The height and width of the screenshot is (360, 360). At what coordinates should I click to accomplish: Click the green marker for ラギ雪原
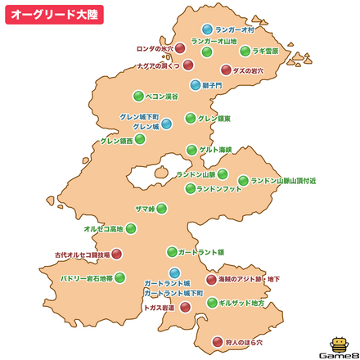tap(245, 51)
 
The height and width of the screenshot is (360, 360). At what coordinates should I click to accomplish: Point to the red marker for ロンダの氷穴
tap(180, 48)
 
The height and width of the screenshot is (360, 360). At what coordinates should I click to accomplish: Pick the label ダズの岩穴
tap(248, 71)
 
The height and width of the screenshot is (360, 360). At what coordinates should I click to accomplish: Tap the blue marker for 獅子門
tap(196, 84)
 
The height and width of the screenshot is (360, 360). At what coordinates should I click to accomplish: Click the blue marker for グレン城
tap(166, 124)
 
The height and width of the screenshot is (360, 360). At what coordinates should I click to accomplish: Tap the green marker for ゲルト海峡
tap(191, 150)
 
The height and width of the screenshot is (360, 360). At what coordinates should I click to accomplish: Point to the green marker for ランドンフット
tap(190, 188)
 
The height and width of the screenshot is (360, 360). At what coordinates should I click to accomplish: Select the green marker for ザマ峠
tap(162, 209)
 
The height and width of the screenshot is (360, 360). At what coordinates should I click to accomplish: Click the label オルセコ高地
tap(103, 229)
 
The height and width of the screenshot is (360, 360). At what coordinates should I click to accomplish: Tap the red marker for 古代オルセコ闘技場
tap(116, 254)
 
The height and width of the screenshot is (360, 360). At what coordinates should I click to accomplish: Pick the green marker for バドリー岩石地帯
tap(120, 277)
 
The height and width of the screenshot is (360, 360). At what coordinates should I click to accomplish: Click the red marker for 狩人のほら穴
tap(217, 342)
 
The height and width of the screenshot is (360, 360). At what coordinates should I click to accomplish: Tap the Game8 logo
tap(336, 345)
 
